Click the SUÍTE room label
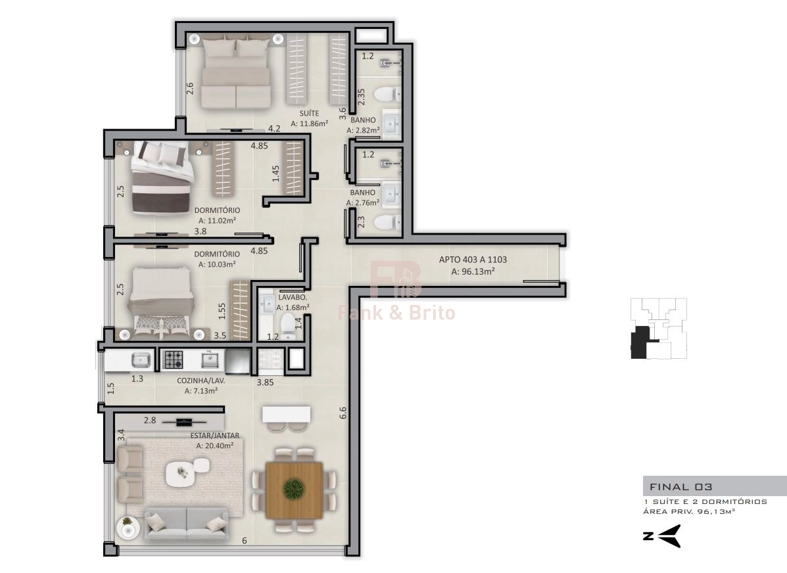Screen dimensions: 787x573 click(x=309, y=114)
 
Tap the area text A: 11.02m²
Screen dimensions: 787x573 click(x=217, y=220)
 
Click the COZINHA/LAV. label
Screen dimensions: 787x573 click(x=201, y=381)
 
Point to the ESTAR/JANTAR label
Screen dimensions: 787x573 click(x=215, y=436)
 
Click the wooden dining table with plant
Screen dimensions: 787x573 click(x=294, y=488)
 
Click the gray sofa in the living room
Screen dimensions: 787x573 click(x=187, y=524)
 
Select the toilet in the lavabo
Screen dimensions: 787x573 click(x=287, y=326)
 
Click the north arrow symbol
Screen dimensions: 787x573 click(x=669, y=536)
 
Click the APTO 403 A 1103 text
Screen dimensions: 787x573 click(x=473, y=260)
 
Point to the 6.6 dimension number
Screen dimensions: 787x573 click(x=343, y=413)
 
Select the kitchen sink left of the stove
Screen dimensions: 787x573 click(x=141, y=359)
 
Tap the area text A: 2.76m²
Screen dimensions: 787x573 click(x=362, y=202)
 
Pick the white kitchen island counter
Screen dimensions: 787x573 click(x=286, y=415)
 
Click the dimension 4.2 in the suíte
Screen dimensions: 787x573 click(x=274, y=128)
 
